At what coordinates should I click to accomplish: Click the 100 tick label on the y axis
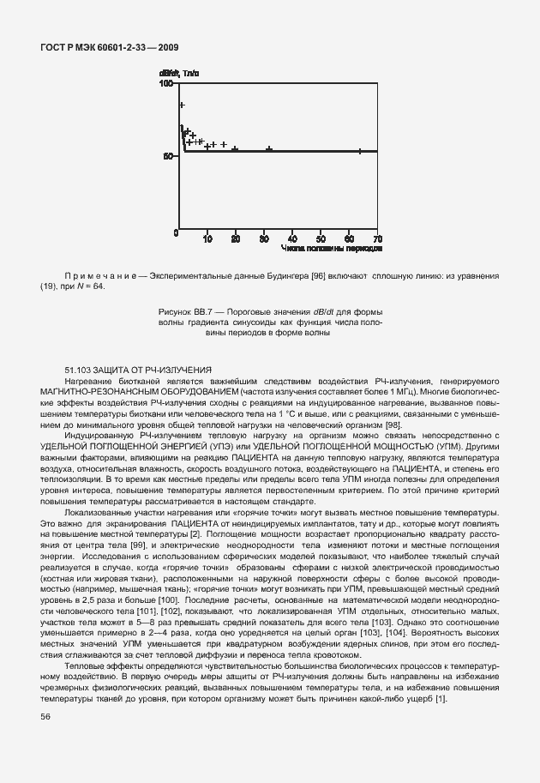(x=166, y=84)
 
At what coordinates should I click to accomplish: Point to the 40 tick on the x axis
(x=292, y=238)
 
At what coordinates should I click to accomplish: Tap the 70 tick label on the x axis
(x=376, y=238)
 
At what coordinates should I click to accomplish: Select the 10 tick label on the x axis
(x=207, y=238)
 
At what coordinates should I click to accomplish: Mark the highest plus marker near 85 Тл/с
(x=182, y=105)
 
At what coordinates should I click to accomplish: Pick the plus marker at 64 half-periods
(x=360, y=151)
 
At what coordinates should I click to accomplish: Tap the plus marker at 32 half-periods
(x=269, y=149)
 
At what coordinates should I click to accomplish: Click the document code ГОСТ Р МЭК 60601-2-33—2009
(x=110, y=48)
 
